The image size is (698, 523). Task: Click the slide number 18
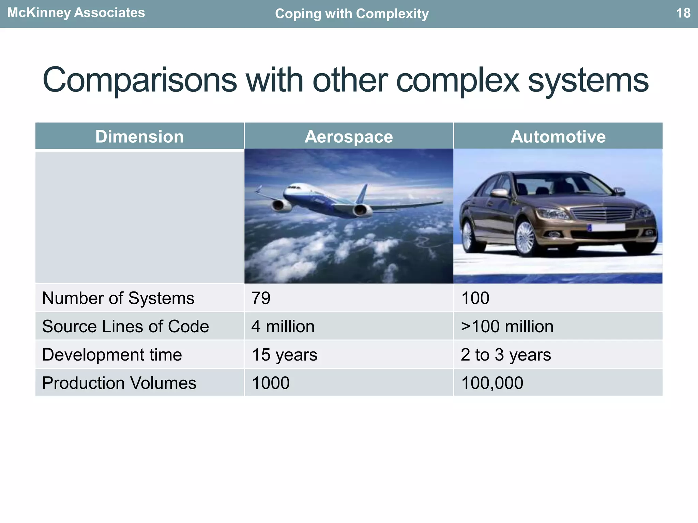click(683, 13)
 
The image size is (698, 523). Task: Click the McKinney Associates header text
click(76, 13)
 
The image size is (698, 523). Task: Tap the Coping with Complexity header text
click(352, 14)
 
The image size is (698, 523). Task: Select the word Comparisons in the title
click(139, 80)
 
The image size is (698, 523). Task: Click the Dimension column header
click(139, 137)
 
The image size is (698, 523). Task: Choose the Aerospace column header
click(349, 137)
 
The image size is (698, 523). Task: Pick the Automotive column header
click(558, 137)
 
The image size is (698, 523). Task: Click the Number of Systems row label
click(118, 298)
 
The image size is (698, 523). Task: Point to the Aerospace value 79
click(261, 298)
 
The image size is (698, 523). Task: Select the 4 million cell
click(283, 327)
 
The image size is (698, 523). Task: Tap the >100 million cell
click(507, 327)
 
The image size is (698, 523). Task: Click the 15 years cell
click(285, 355)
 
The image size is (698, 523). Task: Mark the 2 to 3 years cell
click(506, 355)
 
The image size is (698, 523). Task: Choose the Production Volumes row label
click(119, 383)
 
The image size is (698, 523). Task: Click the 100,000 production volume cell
click(492, 383)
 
